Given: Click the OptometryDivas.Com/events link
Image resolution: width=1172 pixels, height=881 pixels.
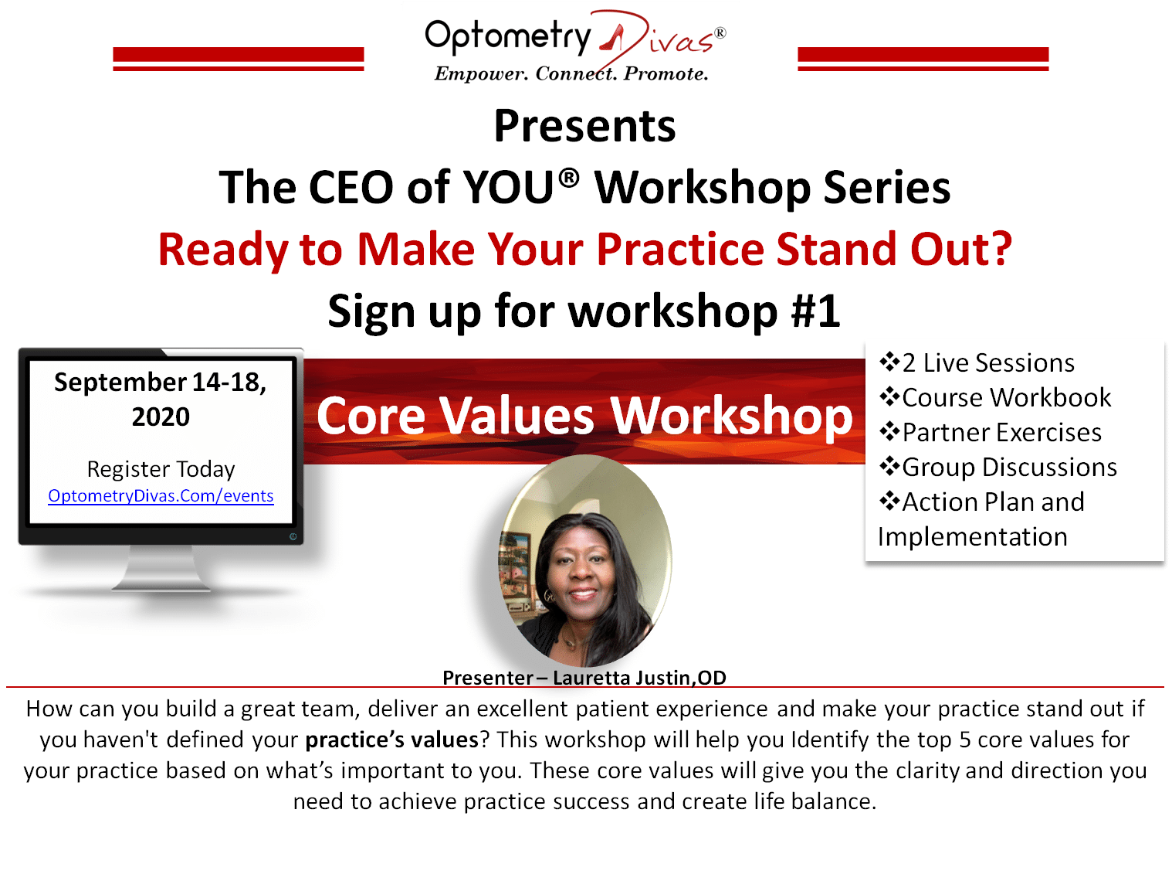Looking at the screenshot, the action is tap(161, 496).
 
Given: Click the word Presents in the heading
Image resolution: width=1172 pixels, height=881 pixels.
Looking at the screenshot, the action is tap(584, 126).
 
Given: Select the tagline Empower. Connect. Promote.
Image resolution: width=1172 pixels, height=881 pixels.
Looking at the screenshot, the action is tap(571, 73).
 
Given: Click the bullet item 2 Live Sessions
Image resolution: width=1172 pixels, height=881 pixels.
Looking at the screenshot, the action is tap(977, 362).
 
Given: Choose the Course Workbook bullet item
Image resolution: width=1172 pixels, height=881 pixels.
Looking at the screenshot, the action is tap(995, 397).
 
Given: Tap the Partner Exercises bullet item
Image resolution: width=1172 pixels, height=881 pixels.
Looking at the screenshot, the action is tap(991, 432).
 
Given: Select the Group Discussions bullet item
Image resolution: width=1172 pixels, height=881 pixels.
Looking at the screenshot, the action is tap(998, 468).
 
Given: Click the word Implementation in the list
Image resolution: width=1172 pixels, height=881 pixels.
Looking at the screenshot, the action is tap(972, 536).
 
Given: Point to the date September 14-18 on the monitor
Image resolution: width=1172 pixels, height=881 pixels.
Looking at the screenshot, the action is tap(160, 382).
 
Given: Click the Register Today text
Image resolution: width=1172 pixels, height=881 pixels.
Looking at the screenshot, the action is tap(161, 469).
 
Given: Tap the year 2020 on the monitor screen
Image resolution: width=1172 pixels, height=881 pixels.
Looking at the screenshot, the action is tap(161, 417).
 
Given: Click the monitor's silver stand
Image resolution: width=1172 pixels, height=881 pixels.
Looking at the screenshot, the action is tap(161, 568).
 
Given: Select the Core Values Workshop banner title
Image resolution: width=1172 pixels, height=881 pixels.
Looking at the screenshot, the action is tap(584, 416).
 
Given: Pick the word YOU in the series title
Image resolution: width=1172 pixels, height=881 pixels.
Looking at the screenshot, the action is tap(507, 187).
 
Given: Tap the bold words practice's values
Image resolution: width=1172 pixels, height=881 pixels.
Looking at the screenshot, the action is tap(392, 740).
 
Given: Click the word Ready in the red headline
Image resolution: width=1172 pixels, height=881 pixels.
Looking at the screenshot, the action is tap(223, 250).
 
